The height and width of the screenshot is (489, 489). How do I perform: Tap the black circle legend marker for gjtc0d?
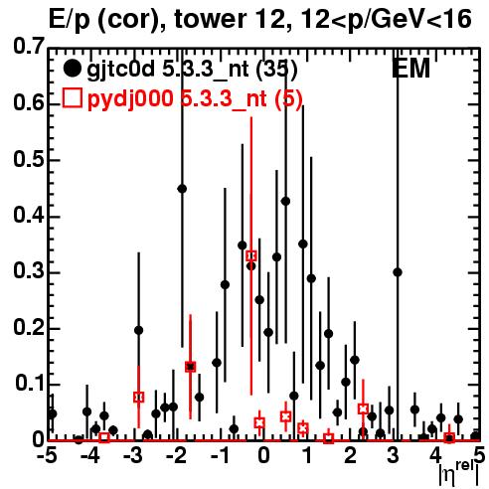(72, 69)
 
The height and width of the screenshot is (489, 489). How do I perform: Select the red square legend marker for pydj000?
(73, 97)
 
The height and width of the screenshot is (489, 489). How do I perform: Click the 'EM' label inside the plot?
(410, 69)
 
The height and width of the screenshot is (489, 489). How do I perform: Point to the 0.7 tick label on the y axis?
(29, 46)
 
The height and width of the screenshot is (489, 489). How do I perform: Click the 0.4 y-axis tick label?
(29, 215)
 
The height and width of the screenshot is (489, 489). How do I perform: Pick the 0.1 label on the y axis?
(30, 383)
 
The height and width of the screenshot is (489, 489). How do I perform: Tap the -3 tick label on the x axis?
(133, 455)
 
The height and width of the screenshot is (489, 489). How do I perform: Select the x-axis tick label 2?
(350, 455)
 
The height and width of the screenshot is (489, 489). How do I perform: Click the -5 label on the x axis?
(47, 455)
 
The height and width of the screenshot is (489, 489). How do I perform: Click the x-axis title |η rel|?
(458, 474)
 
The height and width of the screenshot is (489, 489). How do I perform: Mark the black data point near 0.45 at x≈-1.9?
(182, 189)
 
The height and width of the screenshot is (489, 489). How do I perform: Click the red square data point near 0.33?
(251, 255)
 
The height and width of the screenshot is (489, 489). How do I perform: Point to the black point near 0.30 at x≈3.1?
(398, 272)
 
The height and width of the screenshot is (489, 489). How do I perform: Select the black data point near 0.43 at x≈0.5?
(285, 201)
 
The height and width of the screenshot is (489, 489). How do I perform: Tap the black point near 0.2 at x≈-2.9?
(139, 330)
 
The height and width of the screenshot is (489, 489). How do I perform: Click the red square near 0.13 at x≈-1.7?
(190, 367)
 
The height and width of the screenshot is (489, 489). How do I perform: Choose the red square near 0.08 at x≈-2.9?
(139, 397)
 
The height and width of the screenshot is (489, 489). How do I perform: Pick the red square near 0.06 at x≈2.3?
(363, 408)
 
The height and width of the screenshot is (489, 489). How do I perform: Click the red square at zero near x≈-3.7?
(104, 437)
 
